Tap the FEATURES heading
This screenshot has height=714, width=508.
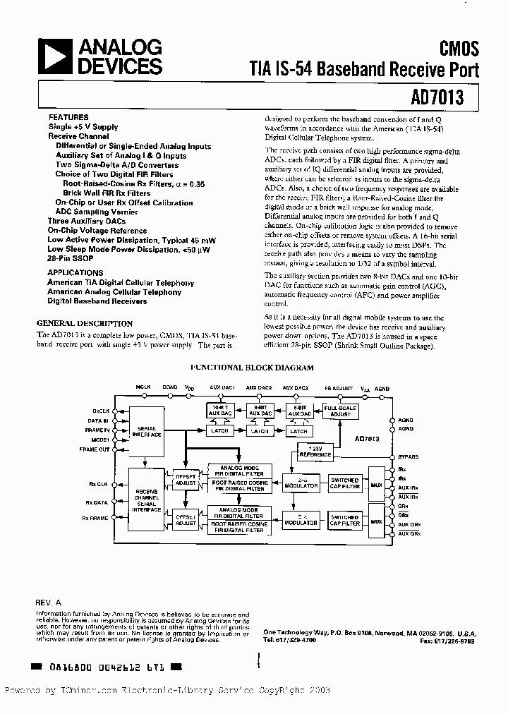[68, 117]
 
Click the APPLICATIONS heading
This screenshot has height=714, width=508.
[75, 272]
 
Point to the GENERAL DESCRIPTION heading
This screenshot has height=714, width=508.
[84, 323]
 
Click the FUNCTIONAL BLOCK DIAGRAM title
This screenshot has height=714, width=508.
[252, 368]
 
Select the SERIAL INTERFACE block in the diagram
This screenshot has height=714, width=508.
[147, 431]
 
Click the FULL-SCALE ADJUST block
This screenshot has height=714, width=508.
[340, 412]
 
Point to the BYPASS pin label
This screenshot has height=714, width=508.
[408, 456]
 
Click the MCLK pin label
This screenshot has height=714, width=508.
[144, 387]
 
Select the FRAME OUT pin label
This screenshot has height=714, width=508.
[95, 449]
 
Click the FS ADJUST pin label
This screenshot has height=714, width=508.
[338, 387]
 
